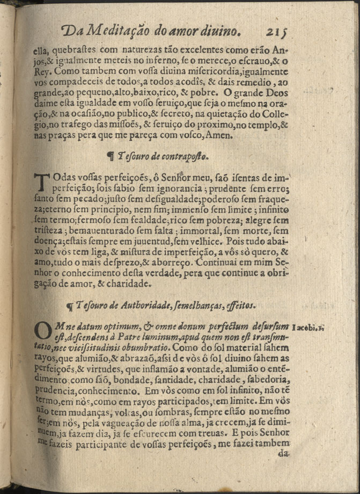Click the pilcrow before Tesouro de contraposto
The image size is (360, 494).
click(111, 156)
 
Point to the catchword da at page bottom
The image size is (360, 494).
click(284, 453)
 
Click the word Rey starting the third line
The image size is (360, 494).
click(41, 71)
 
